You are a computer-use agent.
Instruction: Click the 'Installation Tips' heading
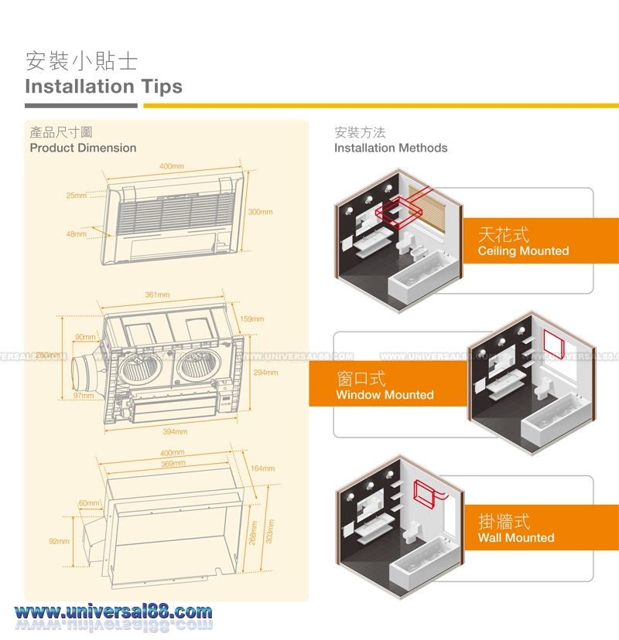pos(104,86)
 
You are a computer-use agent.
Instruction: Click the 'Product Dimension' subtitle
pos(83,148)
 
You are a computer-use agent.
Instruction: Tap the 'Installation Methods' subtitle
pos(391,148)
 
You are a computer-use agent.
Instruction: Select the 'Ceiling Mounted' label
pos(523,251)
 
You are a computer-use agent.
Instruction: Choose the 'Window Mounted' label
pos(385,395)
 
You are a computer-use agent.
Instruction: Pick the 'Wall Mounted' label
pos(516,538)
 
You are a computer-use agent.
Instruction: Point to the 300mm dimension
pos(260,212)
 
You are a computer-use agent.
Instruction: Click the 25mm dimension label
pos(76,196)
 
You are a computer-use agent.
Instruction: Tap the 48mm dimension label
pos(76,233)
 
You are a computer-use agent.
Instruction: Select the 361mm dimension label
pos(157,295)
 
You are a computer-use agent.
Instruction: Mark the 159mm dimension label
pos(251,318)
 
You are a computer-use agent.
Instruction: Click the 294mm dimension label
pos(265,373)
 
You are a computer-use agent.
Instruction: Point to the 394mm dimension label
pos(175,431)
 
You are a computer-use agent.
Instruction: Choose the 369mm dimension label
pos(173,463)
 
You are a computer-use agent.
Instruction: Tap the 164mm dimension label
pos(262,468)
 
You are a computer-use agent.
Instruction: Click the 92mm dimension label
pos(59,542)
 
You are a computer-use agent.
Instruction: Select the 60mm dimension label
pos(88,503)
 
